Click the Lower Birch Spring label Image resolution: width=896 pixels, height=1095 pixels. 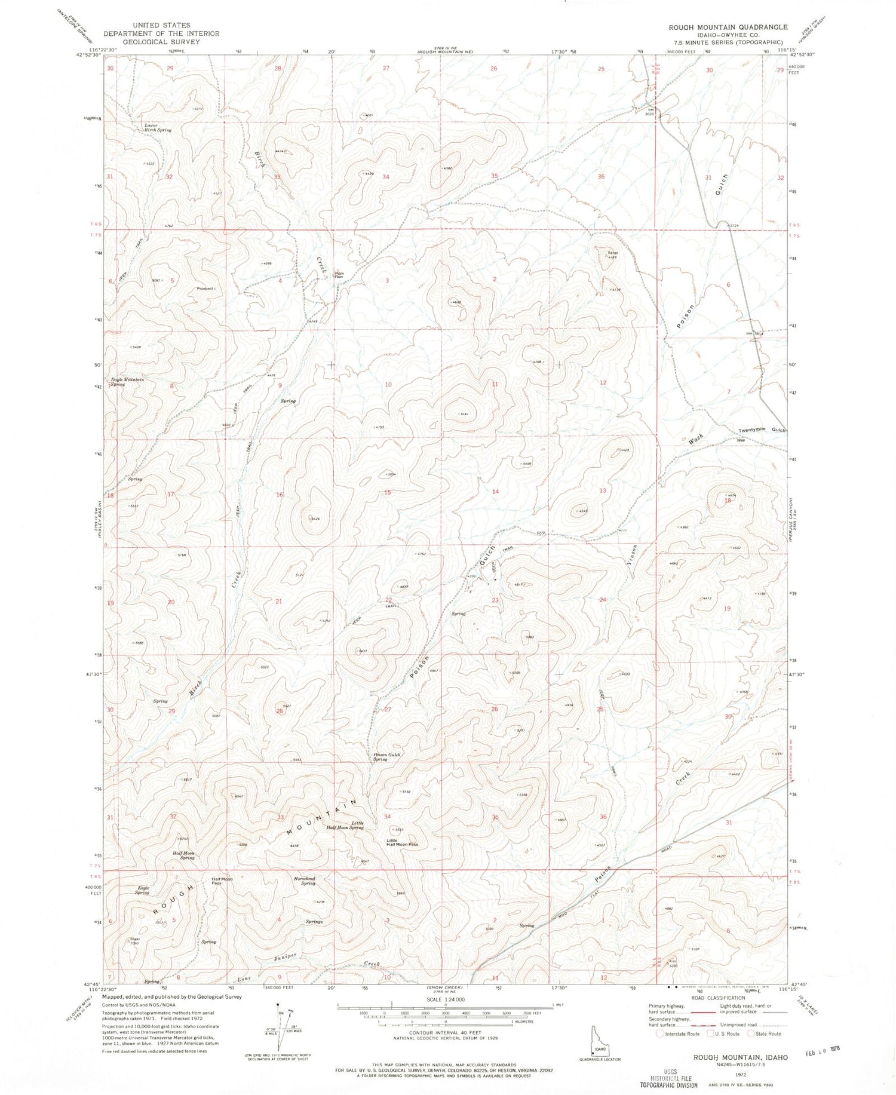click(158, 127)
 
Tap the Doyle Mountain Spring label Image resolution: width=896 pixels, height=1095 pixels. click(127, 382)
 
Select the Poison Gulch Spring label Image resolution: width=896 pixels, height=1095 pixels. click(388, 757)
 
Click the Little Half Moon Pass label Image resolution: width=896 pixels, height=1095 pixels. click(402, 843)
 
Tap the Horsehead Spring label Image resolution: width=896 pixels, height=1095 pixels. click(304, 881)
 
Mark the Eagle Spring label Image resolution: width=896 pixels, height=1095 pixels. click(142, 890)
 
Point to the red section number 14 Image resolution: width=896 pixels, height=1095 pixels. click(495, 492)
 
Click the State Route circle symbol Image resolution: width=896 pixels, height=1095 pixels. click(751, 1033)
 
